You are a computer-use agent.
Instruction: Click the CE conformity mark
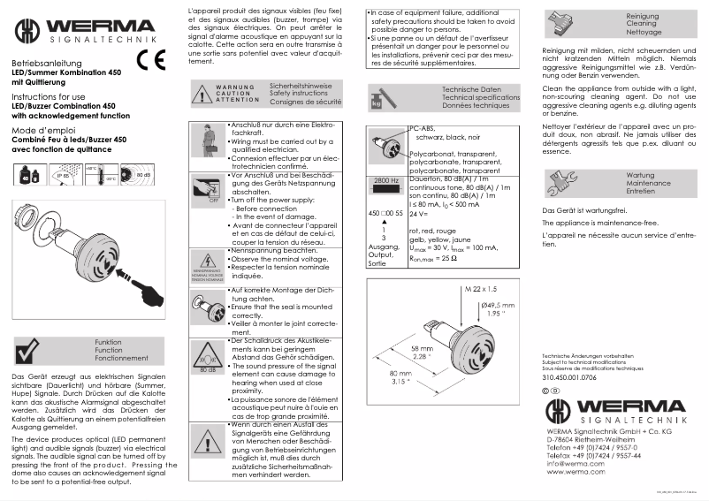click(150, 60)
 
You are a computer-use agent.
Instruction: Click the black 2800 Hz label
click(386, 180)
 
